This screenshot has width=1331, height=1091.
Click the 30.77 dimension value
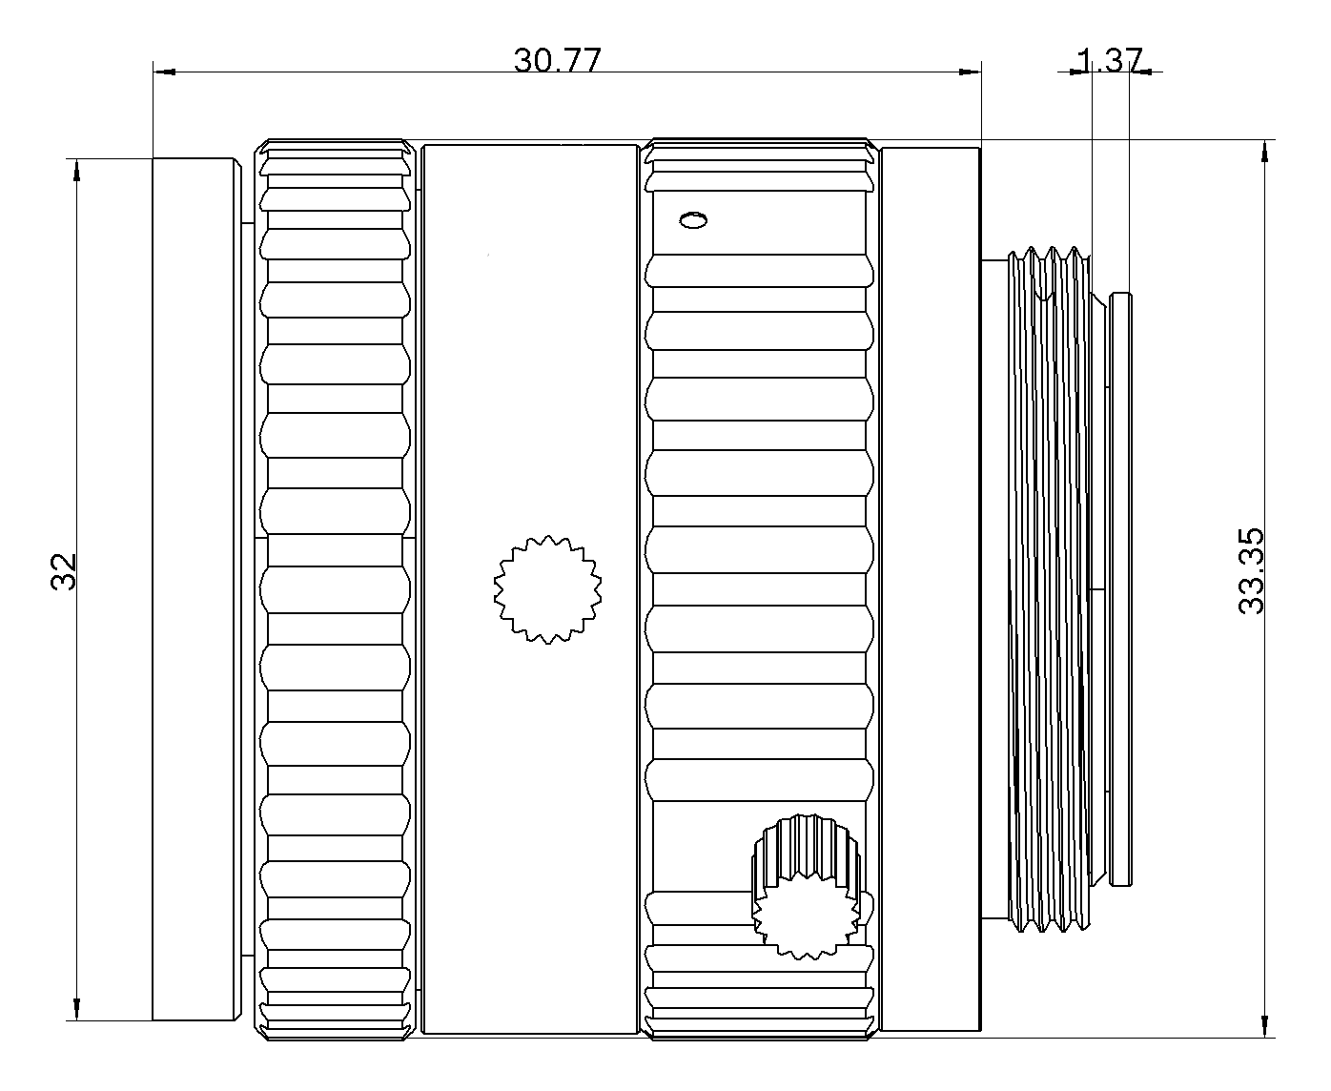pos(558,60)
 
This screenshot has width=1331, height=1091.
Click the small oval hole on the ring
pos(693,221)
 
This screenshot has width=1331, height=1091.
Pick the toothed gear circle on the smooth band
pos(548,588)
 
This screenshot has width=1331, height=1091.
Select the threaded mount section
pos(1049,591)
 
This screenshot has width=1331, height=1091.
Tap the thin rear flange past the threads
pos(1121,588)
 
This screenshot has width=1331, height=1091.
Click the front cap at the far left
pos(195,588)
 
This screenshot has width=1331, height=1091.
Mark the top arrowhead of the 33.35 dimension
pos(1265,153)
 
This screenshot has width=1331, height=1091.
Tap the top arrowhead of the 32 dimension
pos(76,171)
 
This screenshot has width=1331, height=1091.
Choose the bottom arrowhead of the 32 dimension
pos(76,1008)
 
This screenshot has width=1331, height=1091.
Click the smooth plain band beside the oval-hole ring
pos(529,381)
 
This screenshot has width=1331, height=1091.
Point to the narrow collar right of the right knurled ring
pos(931,588)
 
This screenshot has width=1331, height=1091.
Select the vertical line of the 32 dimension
pos(76,381)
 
